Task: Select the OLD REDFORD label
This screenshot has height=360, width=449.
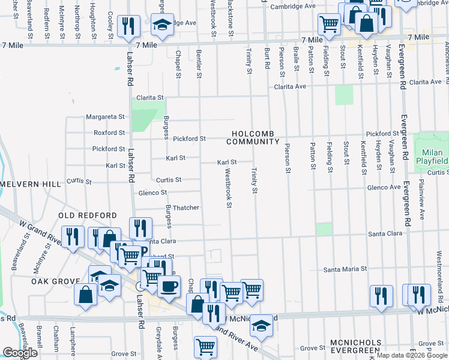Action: [87, 215]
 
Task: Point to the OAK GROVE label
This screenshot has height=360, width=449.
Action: [56, 281]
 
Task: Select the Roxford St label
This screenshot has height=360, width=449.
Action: [109, 133]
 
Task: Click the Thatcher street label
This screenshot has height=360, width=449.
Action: [185, 208]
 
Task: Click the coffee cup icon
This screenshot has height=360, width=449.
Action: [169, 286]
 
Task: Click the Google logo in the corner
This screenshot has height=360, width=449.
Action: [20, 353]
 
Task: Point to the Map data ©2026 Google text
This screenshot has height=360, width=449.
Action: [412, 355]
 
